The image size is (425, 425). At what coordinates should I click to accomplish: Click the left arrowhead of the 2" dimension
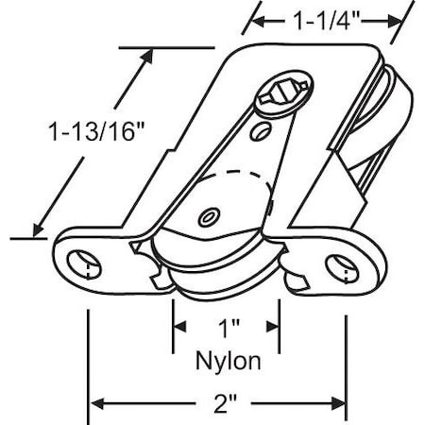[95, 404]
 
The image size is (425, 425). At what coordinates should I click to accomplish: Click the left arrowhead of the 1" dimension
[178, 328]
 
